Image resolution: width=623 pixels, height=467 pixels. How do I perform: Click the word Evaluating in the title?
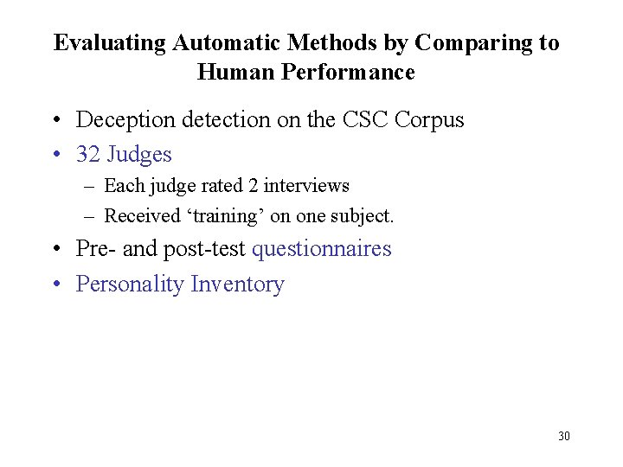(x=110, y=43)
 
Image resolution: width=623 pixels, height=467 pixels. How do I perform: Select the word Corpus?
(x=429, y=120)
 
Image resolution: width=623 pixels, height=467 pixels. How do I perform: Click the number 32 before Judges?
(x=88, y=155)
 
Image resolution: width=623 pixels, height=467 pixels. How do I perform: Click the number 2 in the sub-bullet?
(x=252, y=186)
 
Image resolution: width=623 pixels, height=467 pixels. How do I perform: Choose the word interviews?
(x=306, y=186)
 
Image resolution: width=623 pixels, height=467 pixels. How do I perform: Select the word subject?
(x=364, y=216)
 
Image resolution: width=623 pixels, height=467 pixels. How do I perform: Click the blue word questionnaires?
(x=321, y=249)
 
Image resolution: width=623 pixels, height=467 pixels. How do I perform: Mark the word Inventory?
(x=237, y=285)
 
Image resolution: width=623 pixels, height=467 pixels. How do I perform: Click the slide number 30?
(x=564, y=436)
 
